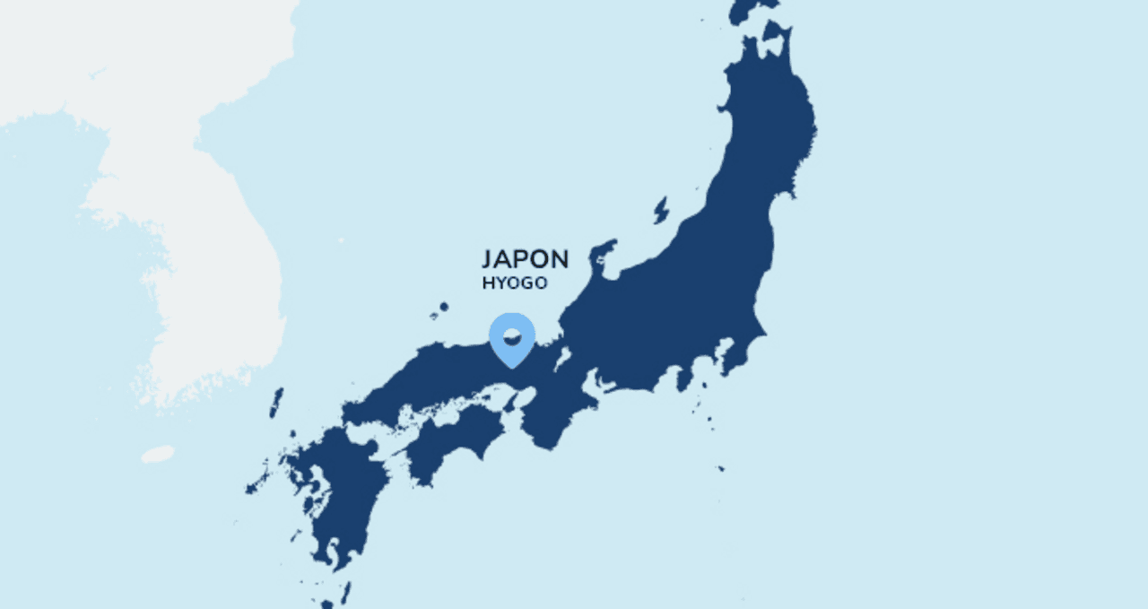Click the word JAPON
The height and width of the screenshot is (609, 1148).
click(x=525, y=259)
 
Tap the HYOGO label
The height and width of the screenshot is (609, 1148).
click(x=514, y=283)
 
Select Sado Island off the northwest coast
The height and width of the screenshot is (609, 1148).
click(x=661, y=211)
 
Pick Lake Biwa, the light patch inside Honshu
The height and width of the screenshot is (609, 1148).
click(x=563, y=359)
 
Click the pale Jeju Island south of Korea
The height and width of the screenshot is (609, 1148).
click(x=158, y=455)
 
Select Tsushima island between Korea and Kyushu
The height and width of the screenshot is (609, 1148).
click(x=276, y=403)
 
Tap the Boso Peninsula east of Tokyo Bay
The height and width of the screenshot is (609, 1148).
click(x=741, y=355)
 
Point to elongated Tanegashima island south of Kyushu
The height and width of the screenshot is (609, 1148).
click(x=344, y=593)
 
